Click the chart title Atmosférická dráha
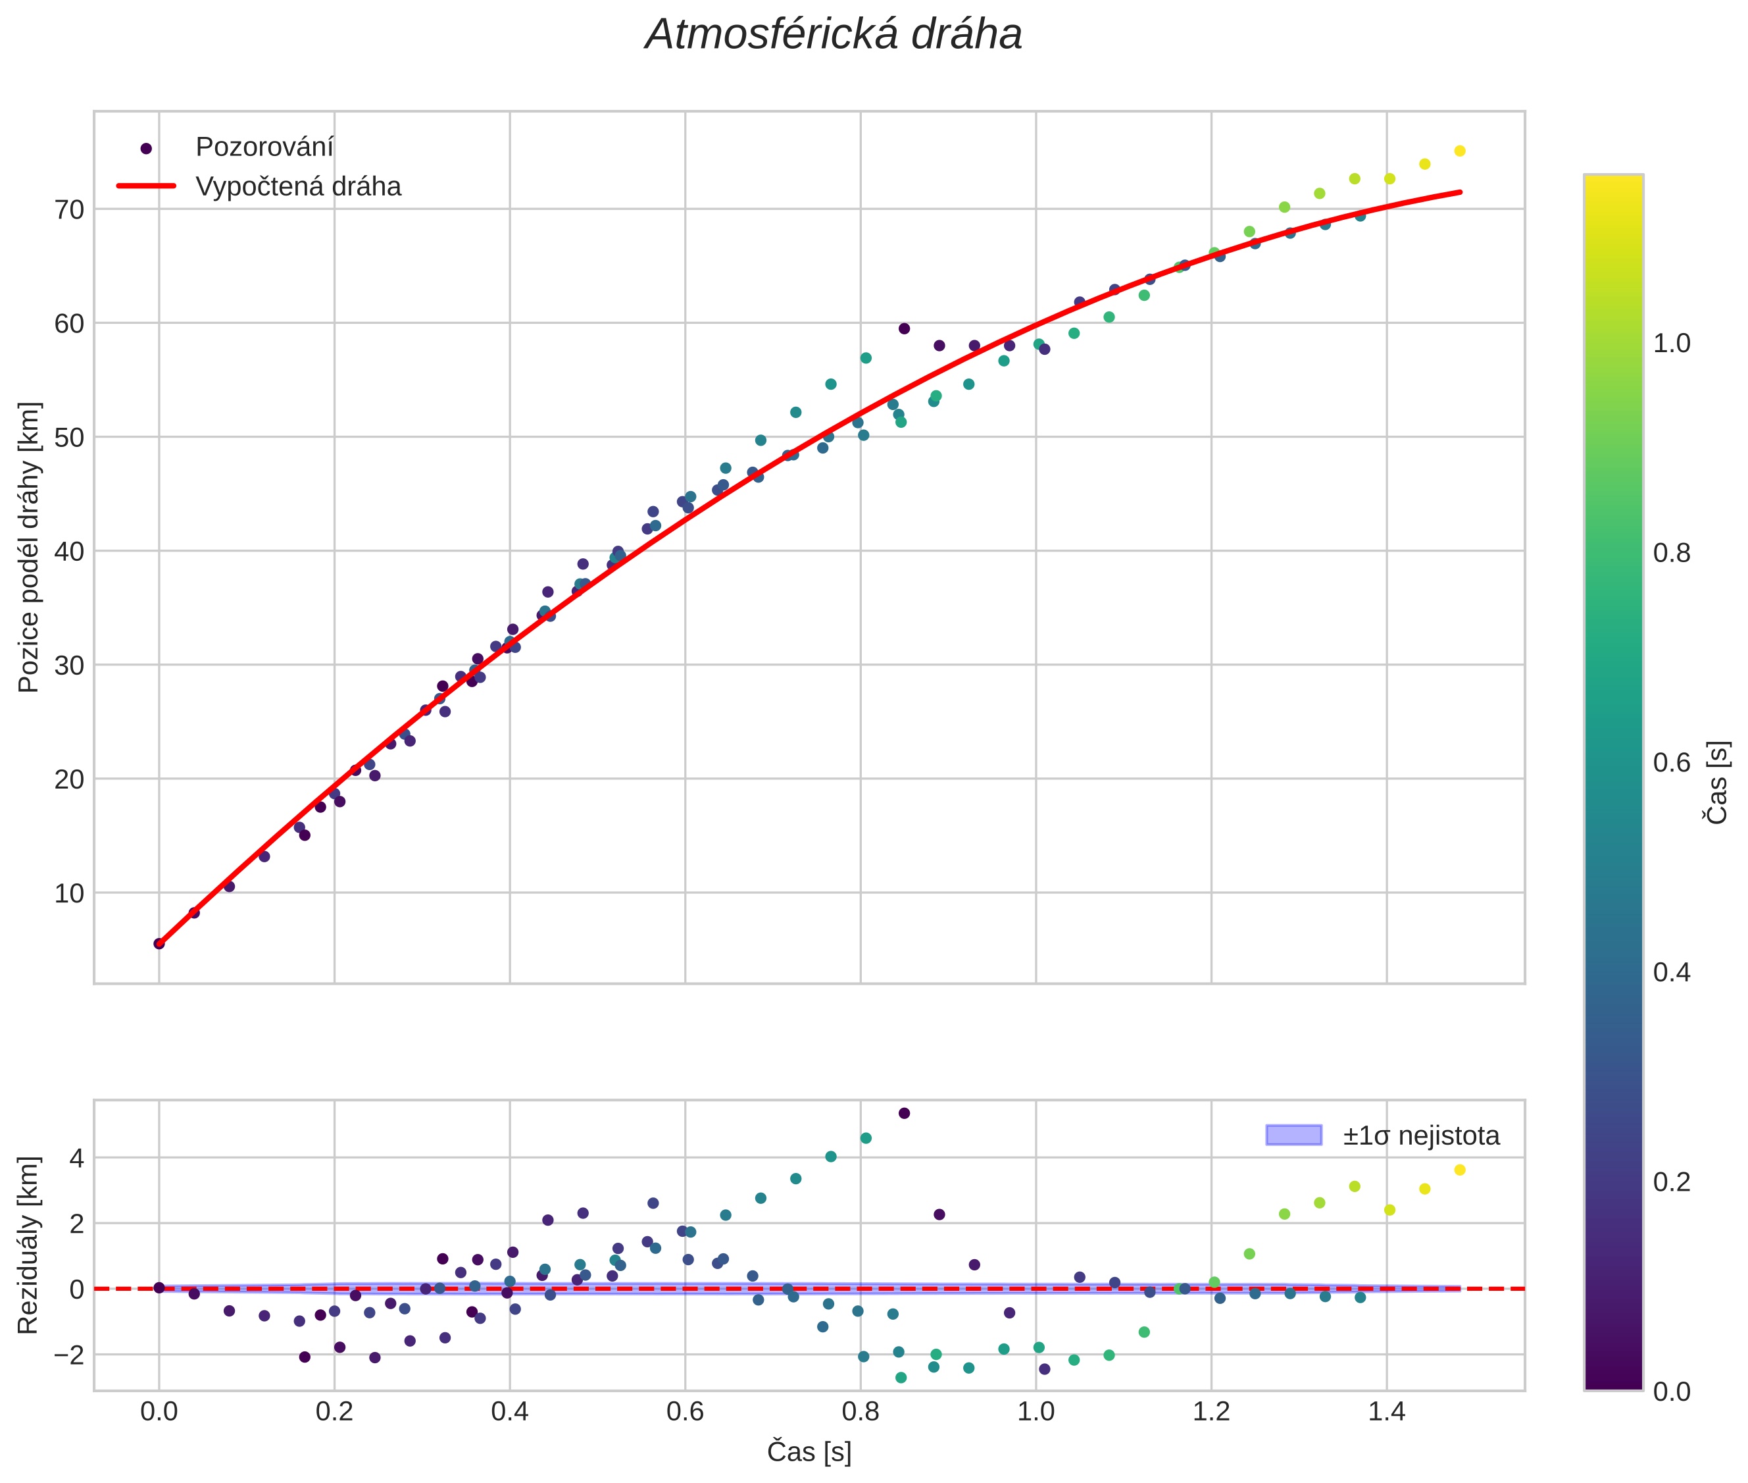tap(833, 36)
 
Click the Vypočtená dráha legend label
tap(298, 187)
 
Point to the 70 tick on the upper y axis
tap(70, 209)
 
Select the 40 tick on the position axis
tap(70, 552)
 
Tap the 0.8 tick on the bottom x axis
tap(861, 1411)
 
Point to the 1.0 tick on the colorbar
tap(1672, 343)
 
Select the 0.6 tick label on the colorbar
tap(1672, 762)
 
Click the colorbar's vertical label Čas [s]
tap(1718, 782)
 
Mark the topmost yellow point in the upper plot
tap(1460, 151)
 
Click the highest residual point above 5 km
tap(904, 1113)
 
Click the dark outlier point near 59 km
tap(904, 328)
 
